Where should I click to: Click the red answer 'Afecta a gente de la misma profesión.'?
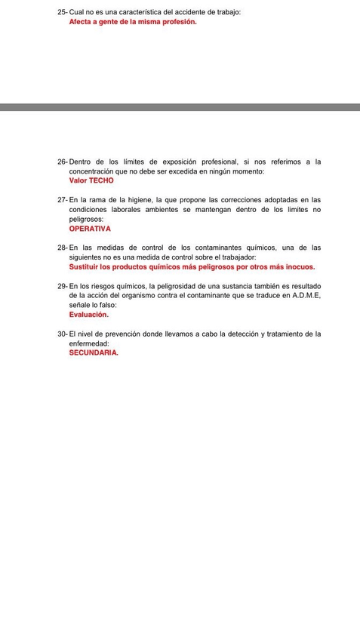coord(132,22)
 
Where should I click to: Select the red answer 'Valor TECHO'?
coord(91,180)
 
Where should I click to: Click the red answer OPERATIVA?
coord(90,228)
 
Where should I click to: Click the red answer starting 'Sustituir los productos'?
coord(192,266)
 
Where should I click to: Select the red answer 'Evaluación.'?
coord(89,314)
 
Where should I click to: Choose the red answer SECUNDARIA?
coord(94,352)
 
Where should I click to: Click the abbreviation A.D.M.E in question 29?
coord(306,295)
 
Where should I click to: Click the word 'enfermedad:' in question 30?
coord(88,343)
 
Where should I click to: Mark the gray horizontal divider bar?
coord(180,107)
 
